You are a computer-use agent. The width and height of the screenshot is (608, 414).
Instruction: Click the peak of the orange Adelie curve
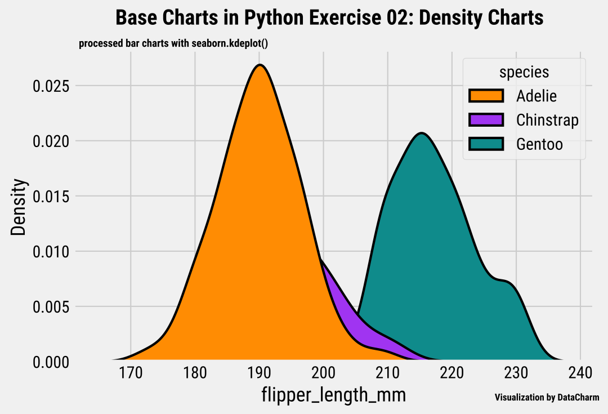tap(260, 65)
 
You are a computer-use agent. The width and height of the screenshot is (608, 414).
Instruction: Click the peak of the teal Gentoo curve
tap(421, 133)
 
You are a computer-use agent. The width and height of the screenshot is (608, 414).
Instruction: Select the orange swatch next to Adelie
tap(486, 96)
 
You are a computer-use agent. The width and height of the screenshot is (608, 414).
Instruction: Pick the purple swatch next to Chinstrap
tap(486, 120)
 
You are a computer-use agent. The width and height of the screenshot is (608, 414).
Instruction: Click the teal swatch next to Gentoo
tap(486, 144)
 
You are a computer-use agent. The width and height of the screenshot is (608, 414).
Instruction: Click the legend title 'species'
tap(524, 72)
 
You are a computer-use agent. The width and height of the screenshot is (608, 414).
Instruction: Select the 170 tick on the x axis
tap(131, 373)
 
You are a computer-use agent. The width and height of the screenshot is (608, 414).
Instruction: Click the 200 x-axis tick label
tap(323, 373)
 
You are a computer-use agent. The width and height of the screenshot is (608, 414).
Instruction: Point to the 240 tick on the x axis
tap(580, 373)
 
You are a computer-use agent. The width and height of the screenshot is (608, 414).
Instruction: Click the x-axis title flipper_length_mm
tap(333, 395)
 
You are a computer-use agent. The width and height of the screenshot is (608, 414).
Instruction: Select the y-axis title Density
tap(19, 207)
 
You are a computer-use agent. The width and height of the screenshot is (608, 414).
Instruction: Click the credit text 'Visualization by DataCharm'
tap(547, 398)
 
